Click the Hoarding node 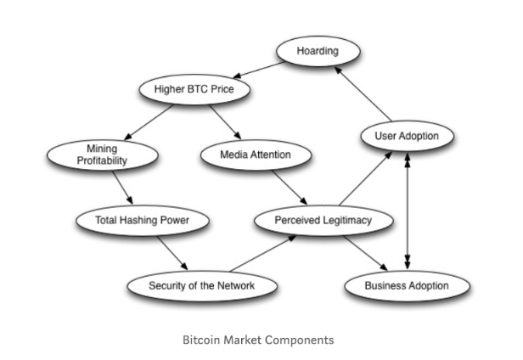coord(317,52)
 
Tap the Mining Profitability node coord(102,155)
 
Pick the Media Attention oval coord(255,155)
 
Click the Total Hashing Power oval coord(142,221)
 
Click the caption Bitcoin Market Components coord(258,340)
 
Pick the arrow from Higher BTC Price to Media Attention coord(223,120)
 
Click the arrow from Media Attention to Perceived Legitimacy coord(286,188)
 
